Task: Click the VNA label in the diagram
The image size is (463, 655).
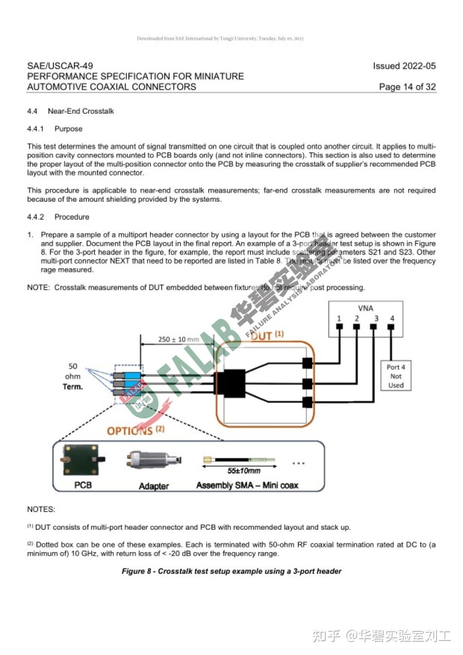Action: [365, 308]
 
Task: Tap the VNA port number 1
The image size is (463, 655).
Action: [339, 318]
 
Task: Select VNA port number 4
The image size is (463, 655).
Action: [392, 318]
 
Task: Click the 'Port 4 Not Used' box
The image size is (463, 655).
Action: [396, 376]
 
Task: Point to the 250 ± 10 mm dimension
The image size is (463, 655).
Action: [178, 340]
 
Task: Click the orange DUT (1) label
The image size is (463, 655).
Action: [267, 335]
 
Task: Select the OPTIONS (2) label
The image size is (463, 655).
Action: [135, 430]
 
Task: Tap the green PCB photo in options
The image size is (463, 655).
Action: [81, 460]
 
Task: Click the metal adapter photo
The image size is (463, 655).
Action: [153, 460]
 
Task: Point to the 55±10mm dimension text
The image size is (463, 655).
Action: [244, 471]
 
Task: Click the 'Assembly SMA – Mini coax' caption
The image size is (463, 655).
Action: [247, 485]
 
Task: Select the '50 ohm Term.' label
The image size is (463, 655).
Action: [72, 376]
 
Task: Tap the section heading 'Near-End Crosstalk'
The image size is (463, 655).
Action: [81, 111]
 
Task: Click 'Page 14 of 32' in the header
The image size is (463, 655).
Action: [407, 87]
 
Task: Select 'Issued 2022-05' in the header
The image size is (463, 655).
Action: [404, 66]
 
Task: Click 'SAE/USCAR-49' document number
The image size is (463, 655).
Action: [60, 66]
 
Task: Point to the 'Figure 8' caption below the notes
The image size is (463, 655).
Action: [231, 571]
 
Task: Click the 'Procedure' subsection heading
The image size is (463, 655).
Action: [72, 217]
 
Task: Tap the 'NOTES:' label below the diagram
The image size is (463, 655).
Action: [41, 509]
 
